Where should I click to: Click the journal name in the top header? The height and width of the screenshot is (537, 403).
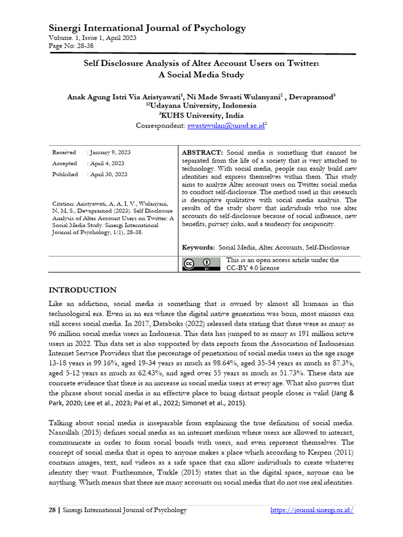[147, 28]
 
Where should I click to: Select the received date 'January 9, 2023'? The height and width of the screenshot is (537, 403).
[110, 152]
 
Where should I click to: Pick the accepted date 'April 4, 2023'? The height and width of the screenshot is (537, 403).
[107, 163]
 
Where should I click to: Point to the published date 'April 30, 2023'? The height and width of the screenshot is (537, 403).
[108, 174]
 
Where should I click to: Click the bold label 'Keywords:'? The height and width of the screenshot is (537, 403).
[198, 247]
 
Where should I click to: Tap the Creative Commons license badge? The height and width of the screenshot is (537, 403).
[201, 264]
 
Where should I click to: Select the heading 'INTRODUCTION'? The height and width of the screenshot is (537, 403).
[83, 290]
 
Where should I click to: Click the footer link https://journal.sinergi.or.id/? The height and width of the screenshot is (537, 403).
[312, 510]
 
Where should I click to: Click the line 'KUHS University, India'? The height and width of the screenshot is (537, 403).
[201, 115]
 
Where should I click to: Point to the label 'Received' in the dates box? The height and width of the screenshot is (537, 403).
[64, 152]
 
